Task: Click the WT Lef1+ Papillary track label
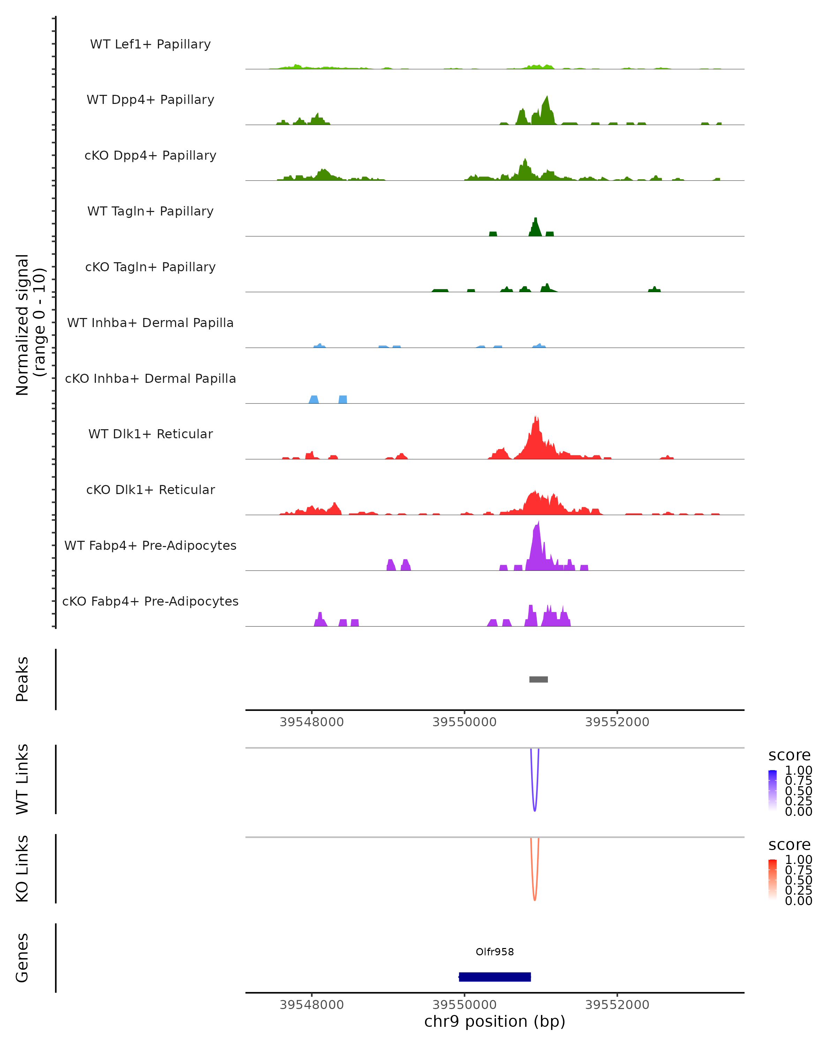pyautogui.click(x=150, y=44)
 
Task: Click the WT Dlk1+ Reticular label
pyautogui.click(x=150, y=434)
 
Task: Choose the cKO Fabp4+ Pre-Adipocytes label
pyautogui.click(x=150, y=601)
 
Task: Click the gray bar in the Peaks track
pyautogui.click(x=538, y=679)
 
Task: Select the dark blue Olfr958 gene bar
pyautogui.click(x=495, y=977)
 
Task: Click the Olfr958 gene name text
pyautogui.click(x=495, y=952)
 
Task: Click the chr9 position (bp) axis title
pyautogui.click(x=495, y=1021)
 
